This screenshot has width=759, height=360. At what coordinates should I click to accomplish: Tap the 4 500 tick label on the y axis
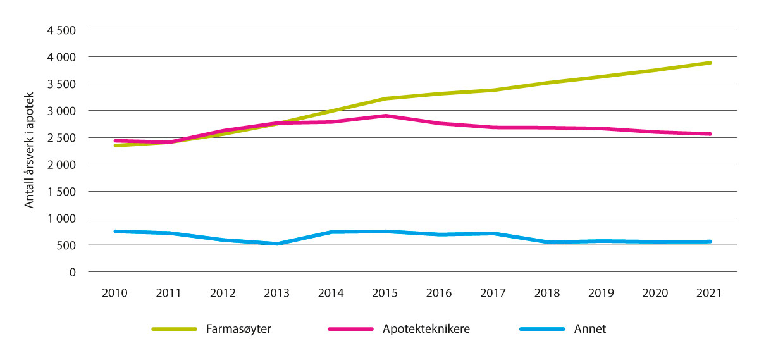(x=62, y=30)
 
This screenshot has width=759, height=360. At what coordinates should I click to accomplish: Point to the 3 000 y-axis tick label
(x=62, y=111)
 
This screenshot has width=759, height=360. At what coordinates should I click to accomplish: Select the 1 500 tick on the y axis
(x=62, y=192)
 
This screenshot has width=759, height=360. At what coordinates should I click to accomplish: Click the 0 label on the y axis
(x=73, y=272)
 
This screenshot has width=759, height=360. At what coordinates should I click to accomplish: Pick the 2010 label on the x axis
(x=115, y=293)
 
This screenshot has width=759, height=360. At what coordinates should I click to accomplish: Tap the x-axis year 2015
(x=385, y=293)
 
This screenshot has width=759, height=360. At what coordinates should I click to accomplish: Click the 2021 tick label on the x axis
(x=710, y=293)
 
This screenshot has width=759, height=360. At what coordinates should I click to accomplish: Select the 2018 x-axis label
(x=548, y=293)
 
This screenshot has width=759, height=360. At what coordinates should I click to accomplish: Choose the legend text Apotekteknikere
(x=426, y=329)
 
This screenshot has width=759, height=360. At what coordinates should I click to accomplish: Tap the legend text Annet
(x=591, y=329)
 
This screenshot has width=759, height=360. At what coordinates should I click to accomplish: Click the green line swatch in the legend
(x=175, y=330)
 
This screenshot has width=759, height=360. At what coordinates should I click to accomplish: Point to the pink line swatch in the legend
(x=351, y=330)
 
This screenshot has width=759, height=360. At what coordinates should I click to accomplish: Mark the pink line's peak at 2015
(x=385, y=116)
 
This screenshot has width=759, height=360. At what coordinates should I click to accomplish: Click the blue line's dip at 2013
(x=277, y=244)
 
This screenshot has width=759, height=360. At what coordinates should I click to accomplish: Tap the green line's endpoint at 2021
(x=710, y=63)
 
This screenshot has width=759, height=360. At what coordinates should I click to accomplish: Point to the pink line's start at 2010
(x=115, y=140)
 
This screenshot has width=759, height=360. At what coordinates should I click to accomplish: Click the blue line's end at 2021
(x=710, y=242)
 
